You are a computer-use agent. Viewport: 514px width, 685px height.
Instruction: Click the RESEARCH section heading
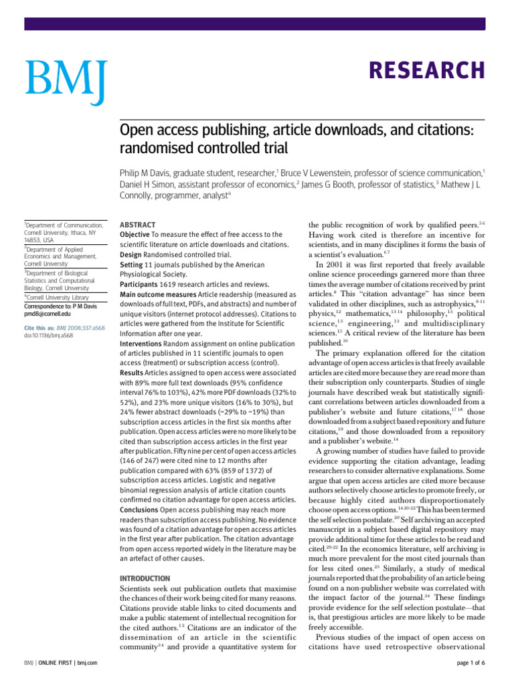426,70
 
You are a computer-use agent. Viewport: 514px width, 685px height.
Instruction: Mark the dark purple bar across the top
268,23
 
